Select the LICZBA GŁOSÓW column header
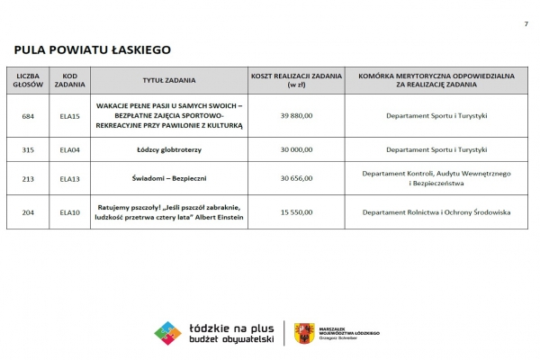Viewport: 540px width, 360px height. [28, 80]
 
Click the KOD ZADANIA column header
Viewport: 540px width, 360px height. [69, 80]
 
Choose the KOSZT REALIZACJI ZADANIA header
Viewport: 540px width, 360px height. [296, 80]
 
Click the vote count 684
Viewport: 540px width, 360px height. [28, 117]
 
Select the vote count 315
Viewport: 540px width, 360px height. [28, 149]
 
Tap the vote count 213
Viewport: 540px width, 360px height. [28, 178]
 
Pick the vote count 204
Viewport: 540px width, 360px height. [28, 212]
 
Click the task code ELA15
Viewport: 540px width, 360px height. [69, 117]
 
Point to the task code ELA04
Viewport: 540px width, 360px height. [69, 149]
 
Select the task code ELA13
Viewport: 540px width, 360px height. [69, 178]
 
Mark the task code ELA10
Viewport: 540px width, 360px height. [69, 212]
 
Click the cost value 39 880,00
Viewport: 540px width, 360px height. [296, 117]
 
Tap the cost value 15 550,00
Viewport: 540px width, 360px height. [296, 212]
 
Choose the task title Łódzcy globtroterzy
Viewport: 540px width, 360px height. [169, 149]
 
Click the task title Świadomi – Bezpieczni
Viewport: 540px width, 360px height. [169, 178]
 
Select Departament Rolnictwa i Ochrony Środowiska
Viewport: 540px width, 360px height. [436, 212]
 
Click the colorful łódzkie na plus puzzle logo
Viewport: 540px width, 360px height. [167, 333]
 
